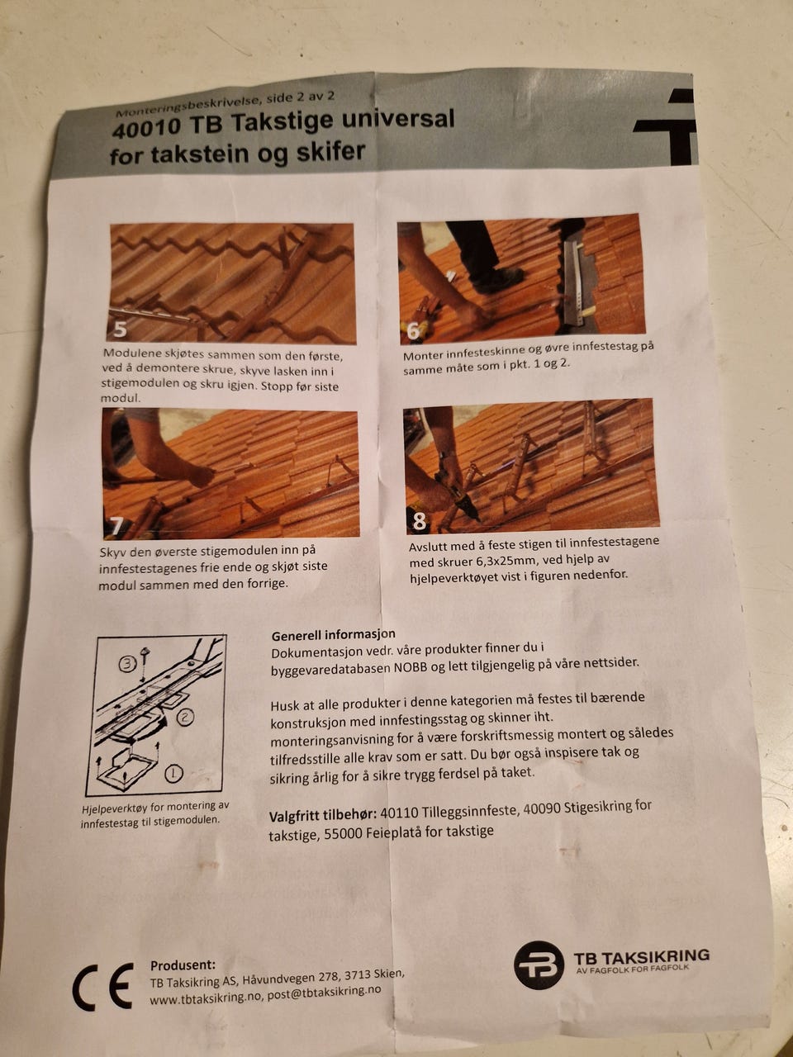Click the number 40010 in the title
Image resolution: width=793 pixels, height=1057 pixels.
coord(147,128)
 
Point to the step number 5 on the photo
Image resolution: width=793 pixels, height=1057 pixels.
coord(120,329)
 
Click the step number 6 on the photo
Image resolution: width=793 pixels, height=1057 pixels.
coord(414,331)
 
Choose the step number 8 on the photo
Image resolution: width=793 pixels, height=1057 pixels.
coord(419,521)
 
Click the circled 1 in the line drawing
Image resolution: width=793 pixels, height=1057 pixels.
coord(173,774)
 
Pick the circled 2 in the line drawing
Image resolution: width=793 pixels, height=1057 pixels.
coord(185,718)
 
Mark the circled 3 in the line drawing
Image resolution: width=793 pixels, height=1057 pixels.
coord(127,665)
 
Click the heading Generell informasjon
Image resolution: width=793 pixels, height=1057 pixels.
coord(333,634)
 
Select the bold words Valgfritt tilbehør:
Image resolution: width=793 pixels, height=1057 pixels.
coord(322,816)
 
